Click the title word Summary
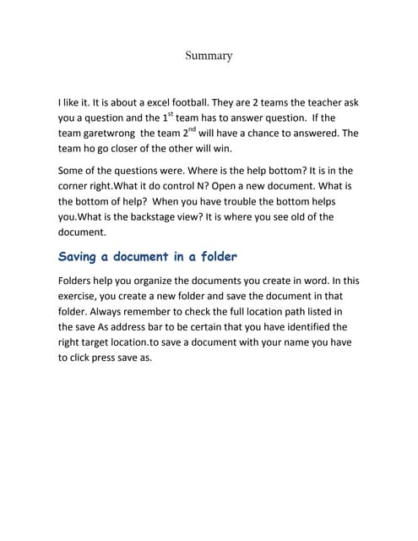(209, 56)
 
